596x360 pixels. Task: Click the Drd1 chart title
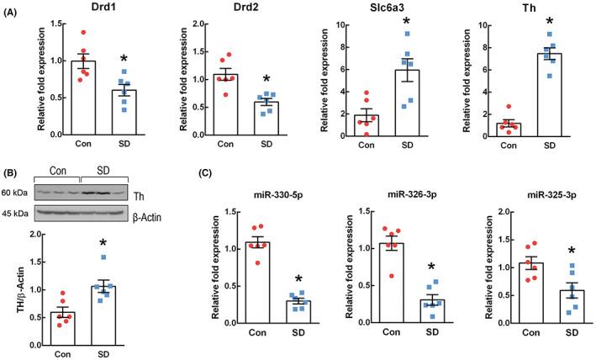87,8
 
